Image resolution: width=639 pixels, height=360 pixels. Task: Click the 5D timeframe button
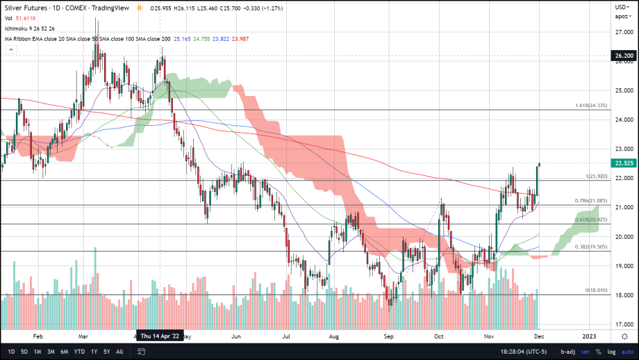tap(24, 352)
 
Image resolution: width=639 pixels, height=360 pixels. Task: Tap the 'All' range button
tap(119, 352)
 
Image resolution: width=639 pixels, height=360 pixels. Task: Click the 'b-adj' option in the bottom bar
tap(568, 352)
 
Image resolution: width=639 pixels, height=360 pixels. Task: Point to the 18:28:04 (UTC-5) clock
tap(517, 352)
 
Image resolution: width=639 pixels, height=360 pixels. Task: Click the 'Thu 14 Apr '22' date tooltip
tap(160, 336)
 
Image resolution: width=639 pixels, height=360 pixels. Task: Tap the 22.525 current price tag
tap(622, 163)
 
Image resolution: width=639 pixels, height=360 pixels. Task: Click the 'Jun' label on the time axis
tap(236, 336)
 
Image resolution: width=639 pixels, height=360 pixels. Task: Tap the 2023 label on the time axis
tap(589, 336)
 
